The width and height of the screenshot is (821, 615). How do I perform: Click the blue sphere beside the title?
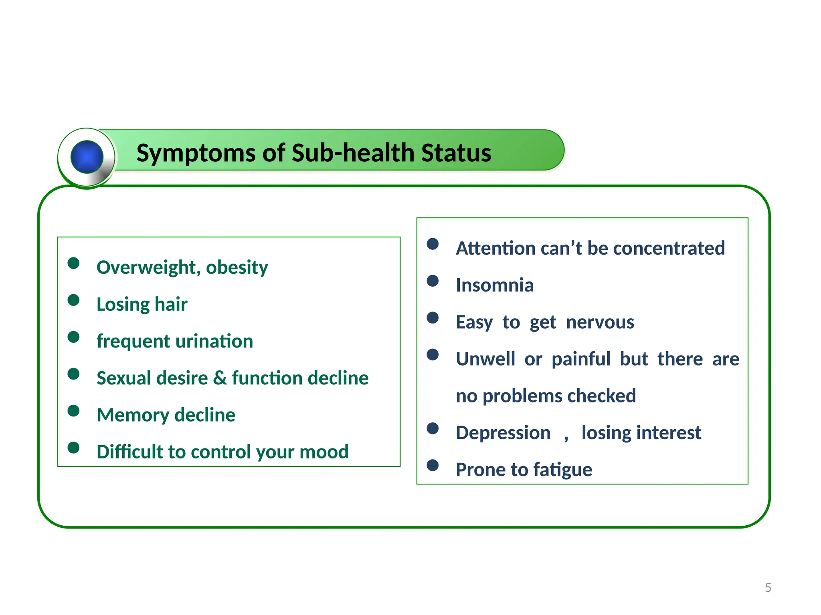click(87, 157)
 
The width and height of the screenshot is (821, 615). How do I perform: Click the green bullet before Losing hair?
click(73, 300)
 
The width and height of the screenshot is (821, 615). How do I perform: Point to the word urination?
click(214, 342)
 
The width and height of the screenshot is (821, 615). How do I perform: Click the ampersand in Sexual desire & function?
click(220, 378)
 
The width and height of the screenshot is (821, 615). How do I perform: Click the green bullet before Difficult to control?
click(73, 447)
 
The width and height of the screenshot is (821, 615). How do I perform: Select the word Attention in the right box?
click(495, 248)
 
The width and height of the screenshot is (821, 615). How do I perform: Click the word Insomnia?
click(495, 285)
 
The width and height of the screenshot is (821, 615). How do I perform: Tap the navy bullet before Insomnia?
click(433, 281)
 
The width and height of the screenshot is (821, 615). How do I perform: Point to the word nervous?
click(600, 322)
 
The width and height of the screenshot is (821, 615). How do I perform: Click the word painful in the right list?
click(581, 359)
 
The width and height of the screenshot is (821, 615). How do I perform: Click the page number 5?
click(768, 588)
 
